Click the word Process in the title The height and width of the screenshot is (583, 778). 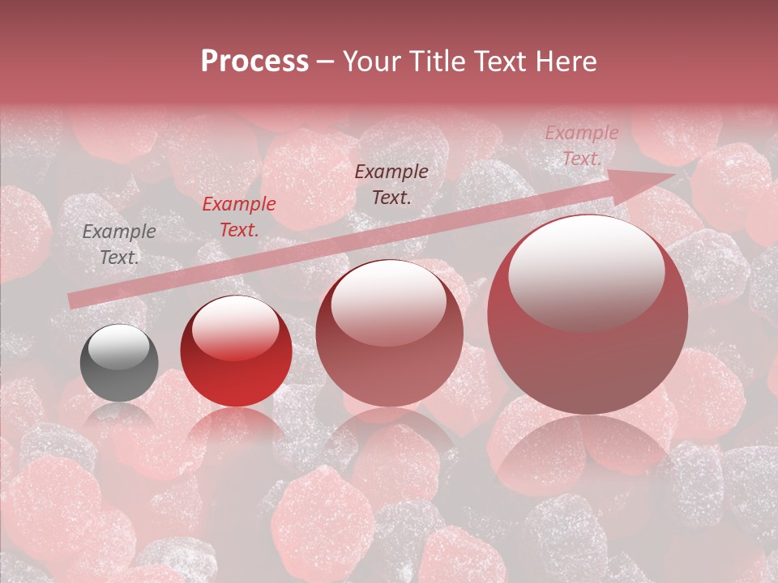(254, 62)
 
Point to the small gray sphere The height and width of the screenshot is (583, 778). (119, 363)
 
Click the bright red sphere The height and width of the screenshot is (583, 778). (236, 351)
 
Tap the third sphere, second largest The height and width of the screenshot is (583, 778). (389, 333)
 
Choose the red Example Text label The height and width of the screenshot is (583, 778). (239, 217)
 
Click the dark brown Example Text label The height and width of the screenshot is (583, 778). (391, 184)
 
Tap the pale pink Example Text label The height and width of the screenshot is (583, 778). (582, 146)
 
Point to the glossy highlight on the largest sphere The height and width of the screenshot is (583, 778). (586, 272)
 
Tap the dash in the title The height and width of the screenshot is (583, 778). (325, 62)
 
